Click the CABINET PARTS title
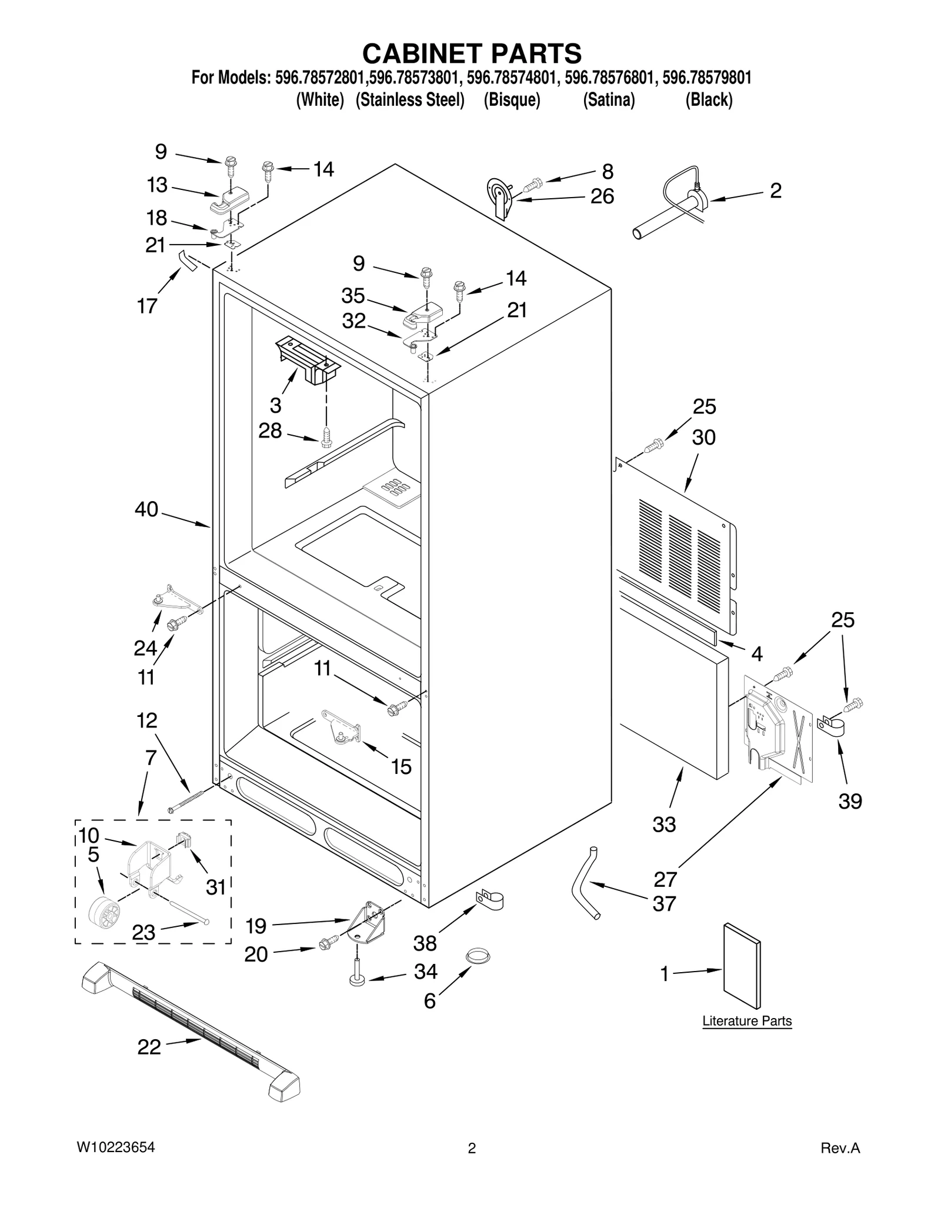pyautogui.click(x=472, y=54)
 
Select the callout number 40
pyautogui.click(x=146, y=509)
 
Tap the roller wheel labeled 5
pyautogui.click(x=104, y=916)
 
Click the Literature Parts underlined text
pyautogui.click(x=747, y=1021)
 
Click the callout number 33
pyautogui.click(x=664, y=825)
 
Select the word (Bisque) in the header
pyautogui.click(x=512, y=100)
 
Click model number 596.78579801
pyautogui.click(x=706, y=78)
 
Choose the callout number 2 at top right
pyautogui.click(x=776, y=191)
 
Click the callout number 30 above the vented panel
pyautogui.click(x=703, y=438)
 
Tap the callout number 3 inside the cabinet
pyautogui.click(x=275, y=405)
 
